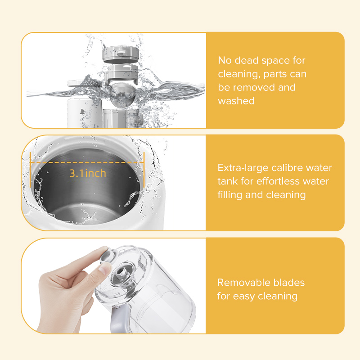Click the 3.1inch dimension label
[88, 173]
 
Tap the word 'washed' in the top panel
[236, 101]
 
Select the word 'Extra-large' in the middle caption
[243, 168]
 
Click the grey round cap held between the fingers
[106, 255]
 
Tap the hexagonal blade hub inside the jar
[122, 274]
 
